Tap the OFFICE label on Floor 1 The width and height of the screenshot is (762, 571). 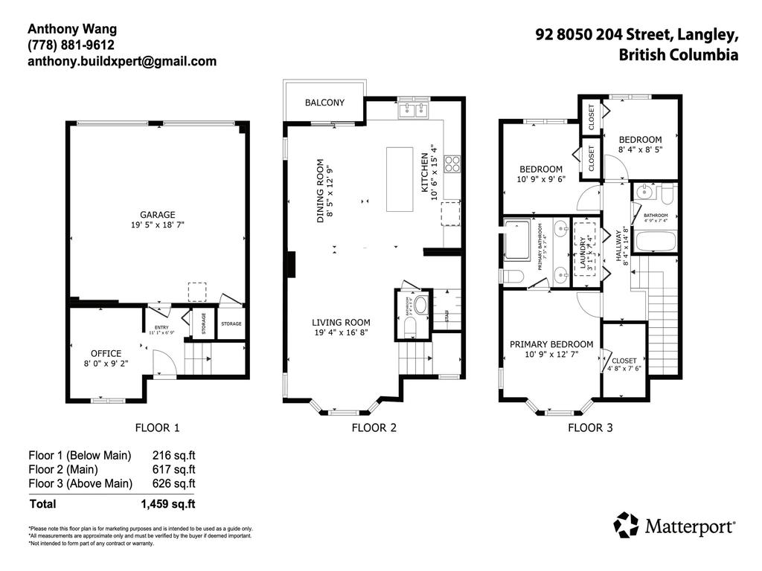106,353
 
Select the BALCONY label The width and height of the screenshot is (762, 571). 324,103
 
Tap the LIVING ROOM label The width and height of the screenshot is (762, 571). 341,323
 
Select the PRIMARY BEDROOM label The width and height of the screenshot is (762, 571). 551,344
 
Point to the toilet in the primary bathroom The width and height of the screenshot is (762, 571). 513,277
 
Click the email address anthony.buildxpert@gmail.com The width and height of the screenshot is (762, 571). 122,62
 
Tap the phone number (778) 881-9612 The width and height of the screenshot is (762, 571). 66,45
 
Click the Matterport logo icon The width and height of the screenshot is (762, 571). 626,525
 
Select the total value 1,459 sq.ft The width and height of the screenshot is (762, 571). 168,504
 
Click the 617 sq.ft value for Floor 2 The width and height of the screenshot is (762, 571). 173,469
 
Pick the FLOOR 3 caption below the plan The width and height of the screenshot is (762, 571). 591,428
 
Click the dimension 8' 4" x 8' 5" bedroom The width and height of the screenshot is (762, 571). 640,149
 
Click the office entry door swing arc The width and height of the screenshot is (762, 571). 164,364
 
